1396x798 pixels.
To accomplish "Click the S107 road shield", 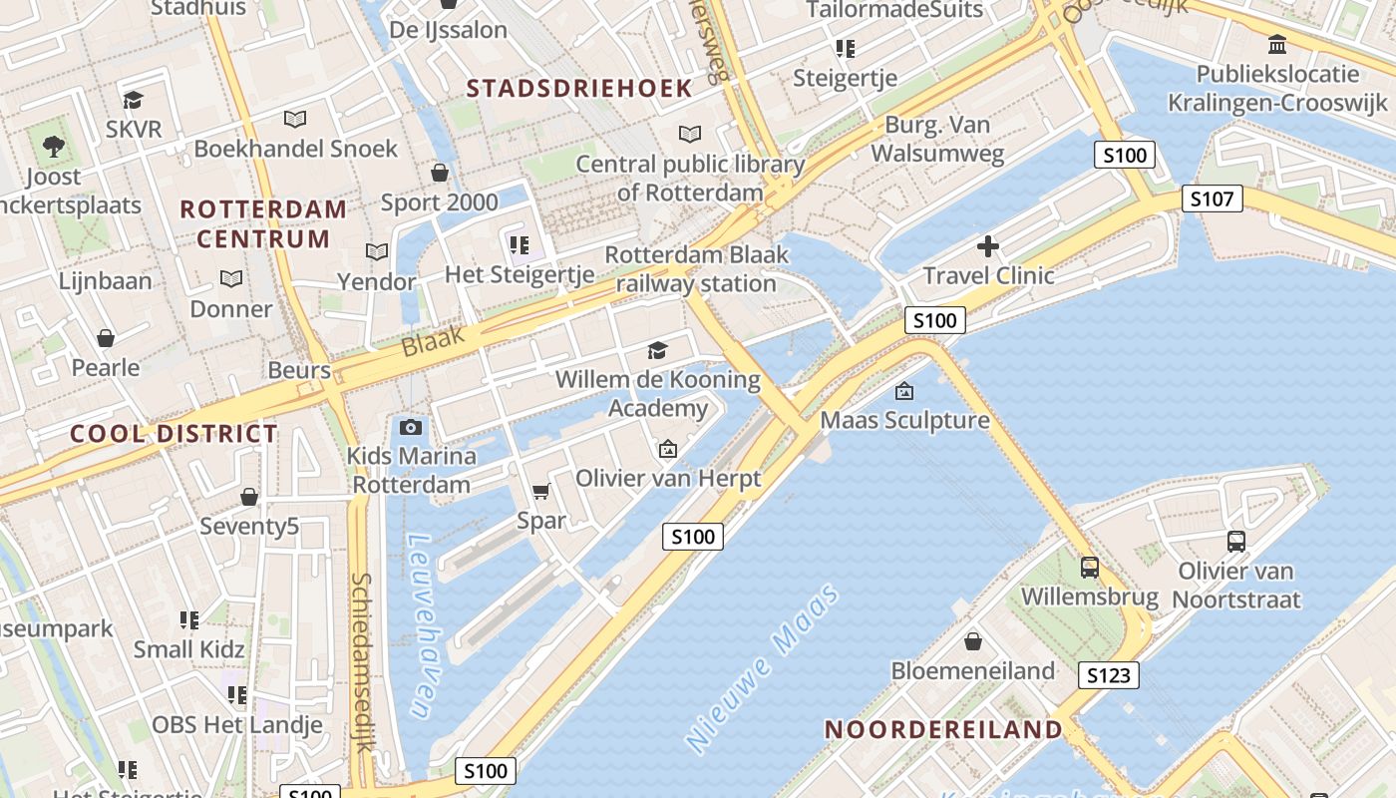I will point(1213,199).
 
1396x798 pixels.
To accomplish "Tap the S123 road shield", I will point(1108,675).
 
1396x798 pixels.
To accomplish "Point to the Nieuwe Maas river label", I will point(763,669).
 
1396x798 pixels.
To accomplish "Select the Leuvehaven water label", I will point(424,625).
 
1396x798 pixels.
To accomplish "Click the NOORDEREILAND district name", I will point(944,729).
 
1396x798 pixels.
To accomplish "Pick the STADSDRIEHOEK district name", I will point(579,88).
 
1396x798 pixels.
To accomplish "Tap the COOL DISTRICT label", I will point(174,433).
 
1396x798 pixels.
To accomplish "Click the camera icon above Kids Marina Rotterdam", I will point(410,428).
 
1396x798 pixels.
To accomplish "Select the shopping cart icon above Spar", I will point(540,491).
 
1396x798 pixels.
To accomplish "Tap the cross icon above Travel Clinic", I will point(988,246).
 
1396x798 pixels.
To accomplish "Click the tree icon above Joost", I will point(54,148).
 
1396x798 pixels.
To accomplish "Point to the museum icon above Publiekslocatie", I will point(1276,44).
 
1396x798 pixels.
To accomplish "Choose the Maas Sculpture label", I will point(905,420).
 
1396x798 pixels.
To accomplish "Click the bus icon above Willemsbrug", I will point(1090,568).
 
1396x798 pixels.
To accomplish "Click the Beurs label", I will point(299,370).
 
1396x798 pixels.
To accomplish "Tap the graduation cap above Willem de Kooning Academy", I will point(657,350).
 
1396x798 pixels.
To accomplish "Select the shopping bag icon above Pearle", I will point(106,338).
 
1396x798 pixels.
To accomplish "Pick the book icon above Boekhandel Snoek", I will point(295,120).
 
